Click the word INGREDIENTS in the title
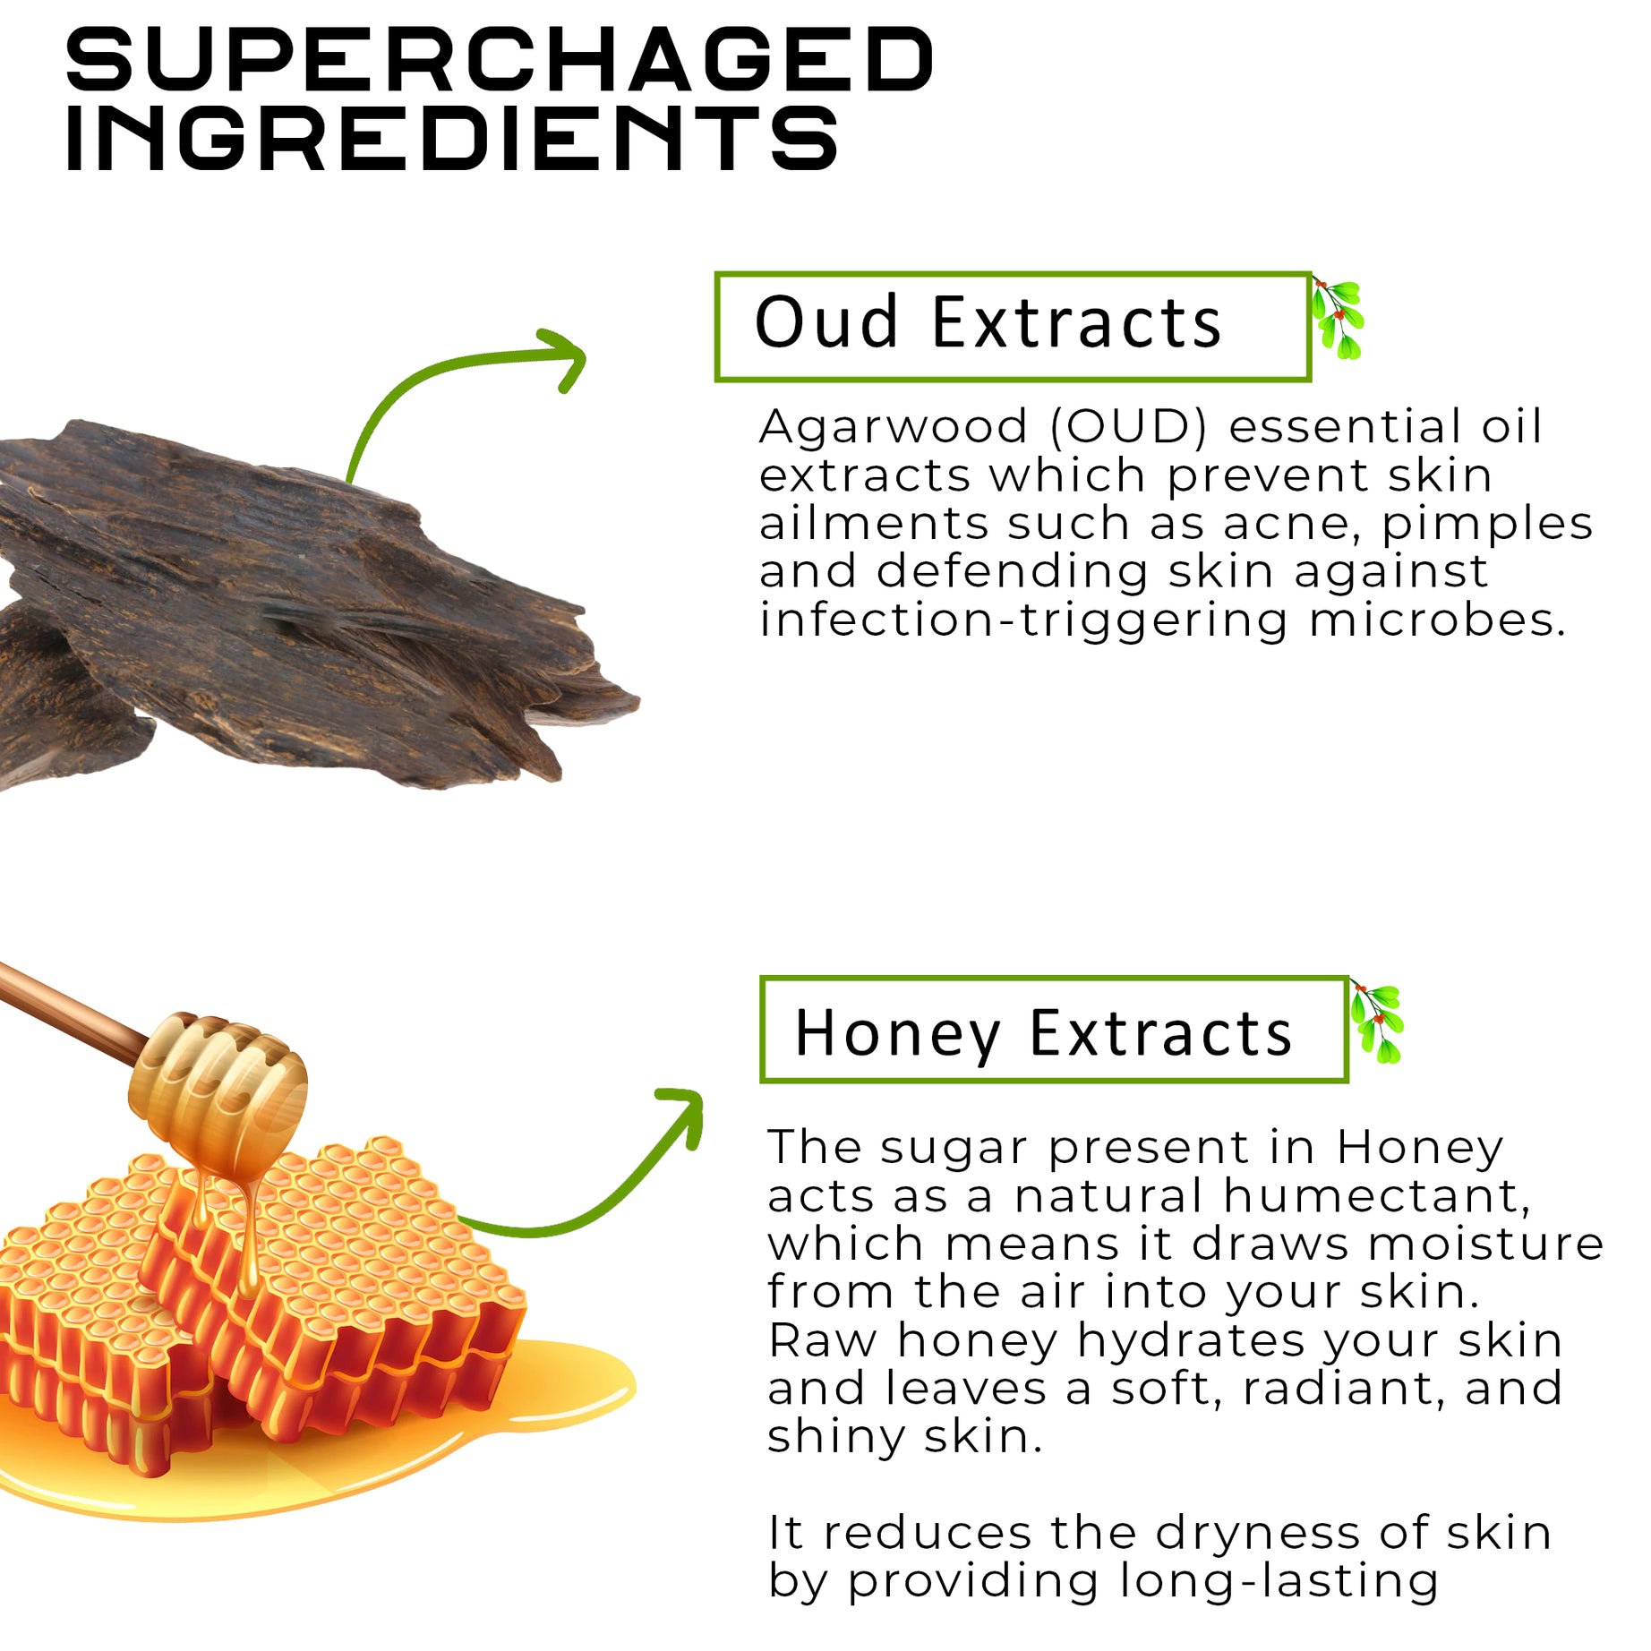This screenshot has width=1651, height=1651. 452,138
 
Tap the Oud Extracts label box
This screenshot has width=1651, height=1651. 1012,327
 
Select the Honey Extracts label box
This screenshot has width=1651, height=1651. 1053,1031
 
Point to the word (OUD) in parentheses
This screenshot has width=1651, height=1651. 1128,427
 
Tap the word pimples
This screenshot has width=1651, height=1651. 1486,524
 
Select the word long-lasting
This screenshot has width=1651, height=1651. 1279,1582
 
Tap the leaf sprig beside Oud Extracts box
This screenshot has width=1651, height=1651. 1338,319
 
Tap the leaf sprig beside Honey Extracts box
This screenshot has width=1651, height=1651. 1377,1023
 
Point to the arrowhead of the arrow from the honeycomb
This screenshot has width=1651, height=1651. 688,1109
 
